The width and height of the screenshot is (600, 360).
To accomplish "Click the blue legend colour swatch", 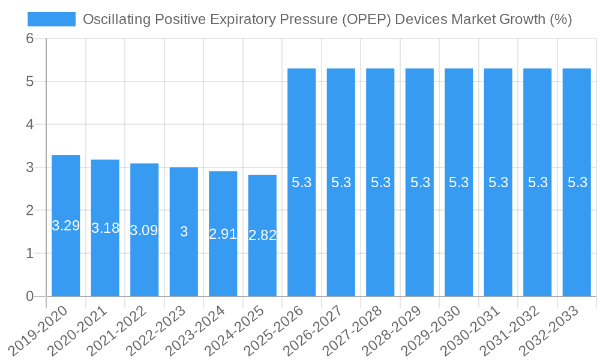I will [52, 19].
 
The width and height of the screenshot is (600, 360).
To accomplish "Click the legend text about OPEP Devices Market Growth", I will [327, 19].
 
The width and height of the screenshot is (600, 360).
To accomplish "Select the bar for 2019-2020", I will [66, 226].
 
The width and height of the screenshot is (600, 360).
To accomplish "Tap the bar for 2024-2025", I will [262, 236].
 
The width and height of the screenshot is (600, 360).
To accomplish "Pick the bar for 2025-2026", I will [302, 182].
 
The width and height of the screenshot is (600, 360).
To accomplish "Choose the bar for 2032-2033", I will [577, 182].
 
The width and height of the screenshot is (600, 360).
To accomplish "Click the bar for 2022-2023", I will [184, 232].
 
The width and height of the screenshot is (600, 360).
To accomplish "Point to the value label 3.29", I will [66, 226].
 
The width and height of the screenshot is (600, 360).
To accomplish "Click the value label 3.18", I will [105, 228].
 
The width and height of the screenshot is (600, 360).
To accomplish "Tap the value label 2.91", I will [223, 234].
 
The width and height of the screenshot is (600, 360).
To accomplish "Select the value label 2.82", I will [262, 235].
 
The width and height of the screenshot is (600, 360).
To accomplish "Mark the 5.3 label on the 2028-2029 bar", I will [420, 182].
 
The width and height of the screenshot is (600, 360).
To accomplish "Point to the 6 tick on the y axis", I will [30, 38].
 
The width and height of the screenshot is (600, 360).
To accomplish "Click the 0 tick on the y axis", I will [30, 296].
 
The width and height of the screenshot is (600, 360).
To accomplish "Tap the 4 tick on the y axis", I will [30, 124].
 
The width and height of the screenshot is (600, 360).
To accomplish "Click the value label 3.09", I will [144, 230].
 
